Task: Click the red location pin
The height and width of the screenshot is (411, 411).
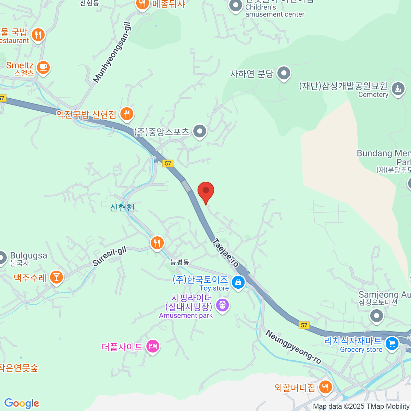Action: (x=206, y=191)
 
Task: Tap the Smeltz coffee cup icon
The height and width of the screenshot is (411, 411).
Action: (x=43, y=67)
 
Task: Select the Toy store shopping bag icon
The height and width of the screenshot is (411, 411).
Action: (x=238, y=283)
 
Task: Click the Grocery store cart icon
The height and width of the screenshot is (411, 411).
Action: (x=392, y=344)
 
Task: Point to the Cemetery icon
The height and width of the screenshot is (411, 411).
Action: (x=398, y=89)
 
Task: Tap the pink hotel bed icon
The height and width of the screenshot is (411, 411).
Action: (x=153, y=347)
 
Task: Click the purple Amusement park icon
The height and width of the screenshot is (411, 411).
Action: (x=222, y=304)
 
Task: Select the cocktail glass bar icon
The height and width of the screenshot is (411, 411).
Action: (x=56, y=277)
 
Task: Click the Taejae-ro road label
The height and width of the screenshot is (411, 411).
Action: (x=225, y=253)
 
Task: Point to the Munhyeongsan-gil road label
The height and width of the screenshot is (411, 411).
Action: (x=112, y=52)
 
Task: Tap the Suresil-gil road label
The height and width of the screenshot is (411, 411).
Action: (x=110, y=256)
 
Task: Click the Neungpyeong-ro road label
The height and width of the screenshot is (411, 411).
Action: (x=293, y=347)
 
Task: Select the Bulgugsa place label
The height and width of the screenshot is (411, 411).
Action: (x=28, y=256)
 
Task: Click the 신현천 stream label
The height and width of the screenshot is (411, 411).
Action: (x=122, y=208)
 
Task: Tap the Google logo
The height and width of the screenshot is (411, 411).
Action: (x=22, y=403)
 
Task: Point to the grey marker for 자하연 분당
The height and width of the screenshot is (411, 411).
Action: (x=284, y=73)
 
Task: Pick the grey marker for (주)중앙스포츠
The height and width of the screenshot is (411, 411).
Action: (x=199, y=131)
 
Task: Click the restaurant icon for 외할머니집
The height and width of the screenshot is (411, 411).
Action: (x=325, y=387)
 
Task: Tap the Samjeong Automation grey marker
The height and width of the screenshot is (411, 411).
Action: (x=376, y=315)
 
